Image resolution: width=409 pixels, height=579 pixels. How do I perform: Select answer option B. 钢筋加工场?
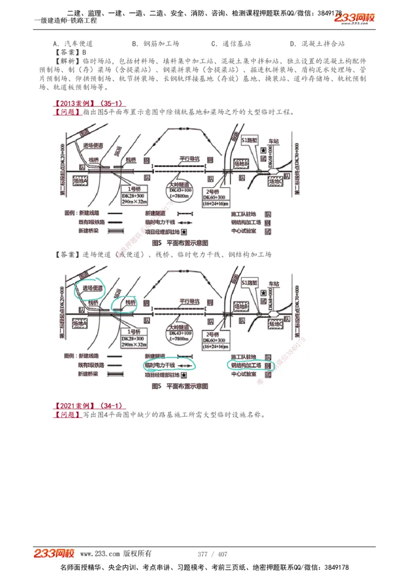click(x=155, y=44)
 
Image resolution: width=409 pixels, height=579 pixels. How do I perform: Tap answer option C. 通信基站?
click(x=231, y=44)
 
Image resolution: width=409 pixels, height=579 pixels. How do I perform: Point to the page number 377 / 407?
click(x=212, y=554)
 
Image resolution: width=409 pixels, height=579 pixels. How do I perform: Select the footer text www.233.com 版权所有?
click(x=116, y=554)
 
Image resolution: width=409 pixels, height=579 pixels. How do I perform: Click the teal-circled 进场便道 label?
click(x=89, y=289)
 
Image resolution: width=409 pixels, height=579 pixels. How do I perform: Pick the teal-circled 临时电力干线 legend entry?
click(x=160, y=366)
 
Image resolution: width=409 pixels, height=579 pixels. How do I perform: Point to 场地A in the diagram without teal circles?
click(x=80, y=181)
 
